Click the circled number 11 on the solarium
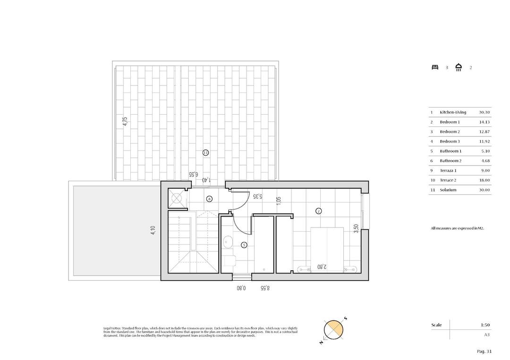click(x=205, y=152)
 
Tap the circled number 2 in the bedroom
click(x=319, y=211)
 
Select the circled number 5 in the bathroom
click(x=244, y=245)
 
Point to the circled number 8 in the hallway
click(x=210, y=199)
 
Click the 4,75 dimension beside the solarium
click(x=125, y=121)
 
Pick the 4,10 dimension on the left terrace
click(x=153, y=232)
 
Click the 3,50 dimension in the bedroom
click(x=356, y=228)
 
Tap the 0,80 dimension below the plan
click(x=242, y=287)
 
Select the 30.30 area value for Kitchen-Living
click(x=484, y=112)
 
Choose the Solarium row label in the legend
click(x=448, y=190)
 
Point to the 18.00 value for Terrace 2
click(x=484, y=180)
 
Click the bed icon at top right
click(x=435, y=67)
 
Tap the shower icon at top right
click(x=459, y=67)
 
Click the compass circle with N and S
click(x=333, y=329)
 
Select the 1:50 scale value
click(x=485, y=325)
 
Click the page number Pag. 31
click(x=484, y=351)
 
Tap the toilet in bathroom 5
click(x=230, y=261)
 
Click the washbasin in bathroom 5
click(x=227, y=242)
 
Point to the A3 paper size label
click(x=486, y=335)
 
